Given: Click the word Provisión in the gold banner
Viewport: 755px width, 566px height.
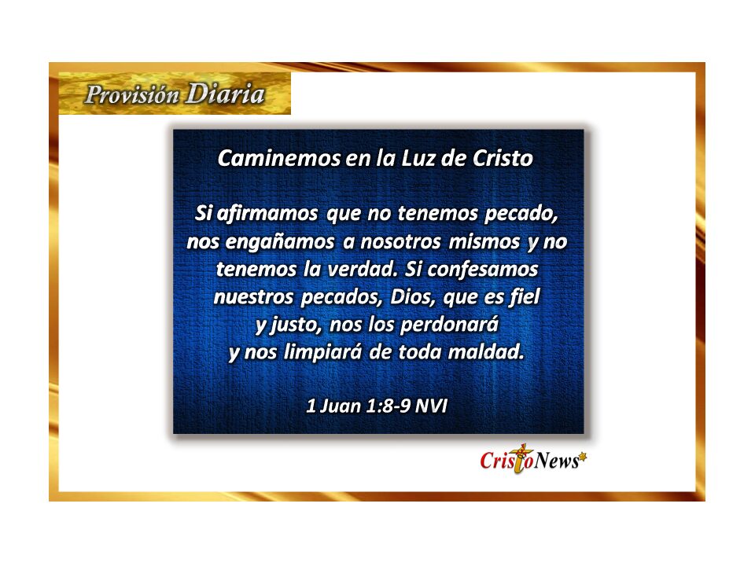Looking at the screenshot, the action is [x=132, y=94].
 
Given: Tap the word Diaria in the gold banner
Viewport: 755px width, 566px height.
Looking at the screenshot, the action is [x=226, y=94].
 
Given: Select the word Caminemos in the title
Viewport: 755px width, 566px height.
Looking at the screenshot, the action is [x=279, y=158].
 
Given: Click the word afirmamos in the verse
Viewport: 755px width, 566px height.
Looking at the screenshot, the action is [x=267, y=213].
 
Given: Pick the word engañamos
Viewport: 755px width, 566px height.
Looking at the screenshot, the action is [x=280, y=242].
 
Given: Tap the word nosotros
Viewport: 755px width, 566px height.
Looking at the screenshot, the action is [x=400, y=241].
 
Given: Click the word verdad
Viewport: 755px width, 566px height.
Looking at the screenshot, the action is [x=363, y=269].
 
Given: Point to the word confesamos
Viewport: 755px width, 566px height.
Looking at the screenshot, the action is [x=482, y=269].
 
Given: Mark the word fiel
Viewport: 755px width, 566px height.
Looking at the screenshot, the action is [x=525, y=297].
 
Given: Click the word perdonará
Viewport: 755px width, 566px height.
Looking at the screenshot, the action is [x=449, y=325].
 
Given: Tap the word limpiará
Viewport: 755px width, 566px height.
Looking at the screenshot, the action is [x=322, y=352].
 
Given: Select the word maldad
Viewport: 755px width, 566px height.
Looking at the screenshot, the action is [x=486, y=352].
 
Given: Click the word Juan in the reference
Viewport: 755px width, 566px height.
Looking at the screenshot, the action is [x=340, y=406].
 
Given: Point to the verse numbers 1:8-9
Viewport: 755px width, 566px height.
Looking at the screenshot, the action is [x=389, y=406].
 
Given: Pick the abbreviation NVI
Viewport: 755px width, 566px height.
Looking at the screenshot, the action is [x=432, y=406].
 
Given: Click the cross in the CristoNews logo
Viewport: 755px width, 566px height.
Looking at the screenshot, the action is [x=521, y=458].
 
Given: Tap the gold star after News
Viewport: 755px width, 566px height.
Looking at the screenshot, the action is [x=583, y=456].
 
